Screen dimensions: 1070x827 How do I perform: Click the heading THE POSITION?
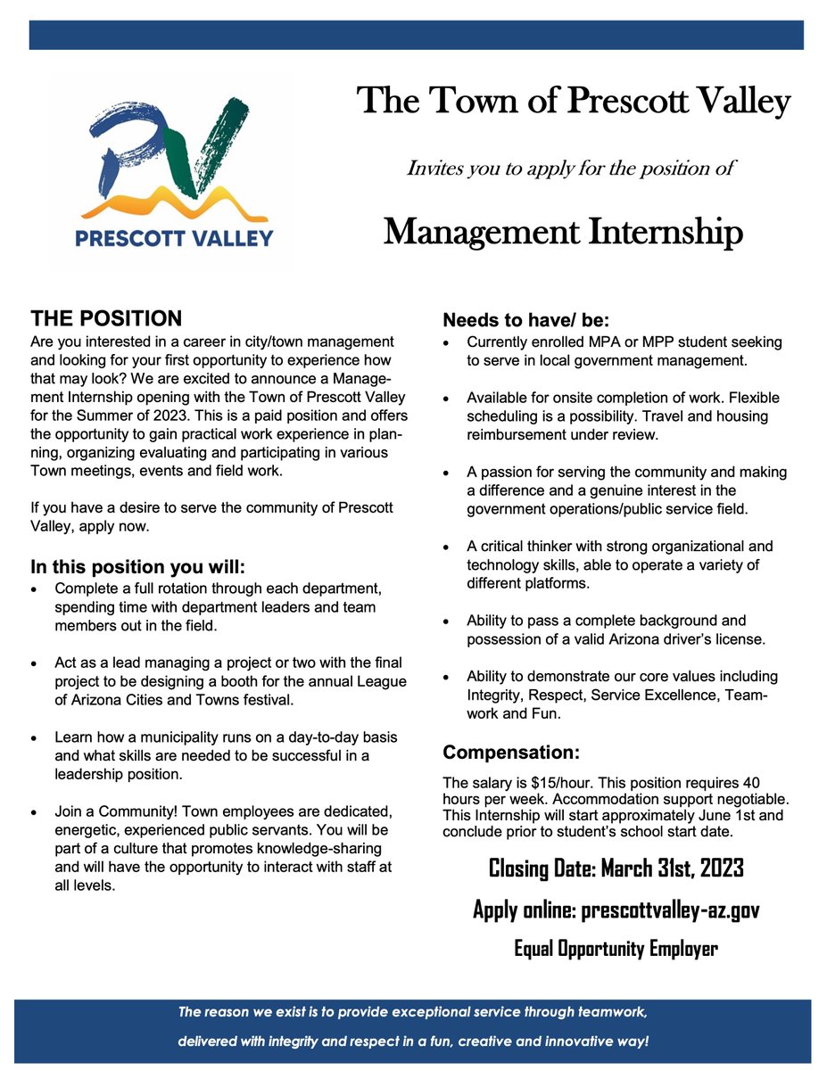click(x=106, y=318)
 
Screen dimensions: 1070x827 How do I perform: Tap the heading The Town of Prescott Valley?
click(x=574, y=102)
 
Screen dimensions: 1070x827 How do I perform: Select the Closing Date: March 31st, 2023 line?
click(x=616, y=868)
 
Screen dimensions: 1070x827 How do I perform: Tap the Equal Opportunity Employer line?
click(x=616, y=948)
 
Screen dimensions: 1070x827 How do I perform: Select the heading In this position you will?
click(x=137, y=567)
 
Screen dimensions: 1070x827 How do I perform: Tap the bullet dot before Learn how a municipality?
click(x=35, y=739)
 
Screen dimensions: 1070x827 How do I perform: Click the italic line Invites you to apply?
click(x=570, y=168)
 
